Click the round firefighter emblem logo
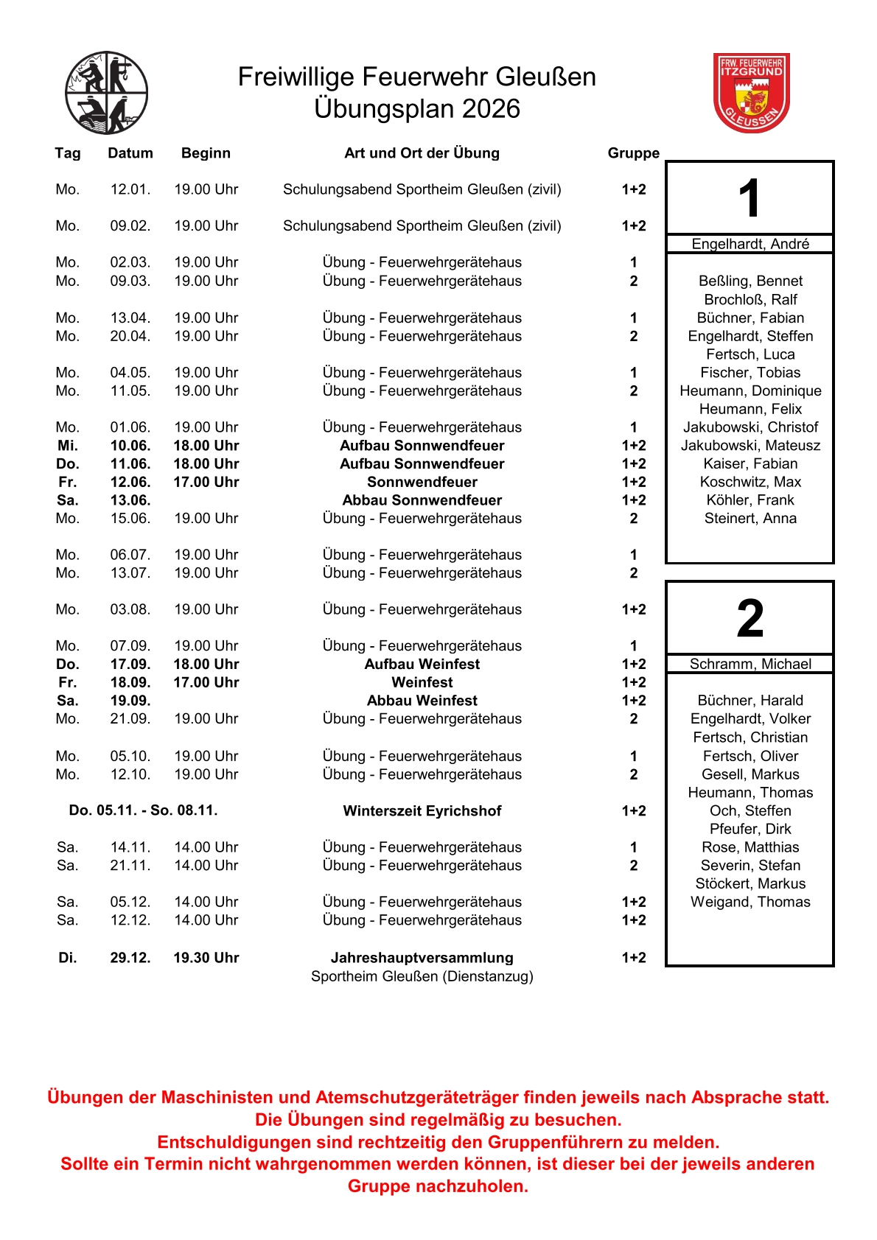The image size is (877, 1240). [107, 93]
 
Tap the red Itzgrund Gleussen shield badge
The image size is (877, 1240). [751, 92]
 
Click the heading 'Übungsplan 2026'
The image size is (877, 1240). [417, 109]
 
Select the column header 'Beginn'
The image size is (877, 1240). [206, 153]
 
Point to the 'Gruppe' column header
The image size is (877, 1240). [633, 153]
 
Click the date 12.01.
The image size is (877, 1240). [130, 189]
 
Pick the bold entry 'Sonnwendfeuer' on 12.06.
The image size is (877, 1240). [422, 482]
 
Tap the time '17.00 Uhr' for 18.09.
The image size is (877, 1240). [206, 682]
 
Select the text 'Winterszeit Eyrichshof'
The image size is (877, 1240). [422, 810]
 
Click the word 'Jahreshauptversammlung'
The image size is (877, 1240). [422, 957]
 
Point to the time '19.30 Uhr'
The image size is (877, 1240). [206, 957]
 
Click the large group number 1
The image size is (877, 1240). [750, 198]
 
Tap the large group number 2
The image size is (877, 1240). [750, 618]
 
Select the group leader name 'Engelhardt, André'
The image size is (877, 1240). [750, 244]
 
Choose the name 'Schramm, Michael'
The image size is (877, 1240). [750, 664]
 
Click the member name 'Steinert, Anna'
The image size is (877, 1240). [750, 518]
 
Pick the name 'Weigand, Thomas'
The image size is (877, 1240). [750, 902]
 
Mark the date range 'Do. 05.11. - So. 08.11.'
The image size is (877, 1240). [144, 810]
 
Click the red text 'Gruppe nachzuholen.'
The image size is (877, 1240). [438, 1186]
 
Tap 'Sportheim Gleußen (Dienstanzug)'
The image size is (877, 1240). [422, 976]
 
